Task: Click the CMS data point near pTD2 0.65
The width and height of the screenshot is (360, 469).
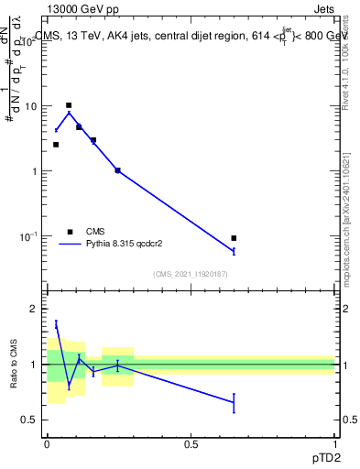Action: coord(234,238)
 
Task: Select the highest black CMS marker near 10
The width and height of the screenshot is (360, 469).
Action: coord(69,105)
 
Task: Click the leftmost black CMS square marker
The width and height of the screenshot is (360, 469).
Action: coord(56,145)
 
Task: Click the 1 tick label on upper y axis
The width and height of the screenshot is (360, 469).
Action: coord(34,171)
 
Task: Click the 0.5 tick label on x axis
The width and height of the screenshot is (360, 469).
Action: coord(191,443)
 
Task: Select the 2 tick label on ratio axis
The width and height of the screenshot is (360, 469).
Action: coord(34,309)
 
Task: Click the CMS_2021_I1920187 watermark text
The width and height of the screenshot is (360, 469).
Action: coord(190,274)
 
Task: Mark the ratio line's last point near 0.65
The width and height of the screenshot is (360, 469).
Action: coord(234,402)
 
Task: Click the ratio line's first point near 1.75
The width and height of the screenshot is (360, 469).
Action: coord(56,323)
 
